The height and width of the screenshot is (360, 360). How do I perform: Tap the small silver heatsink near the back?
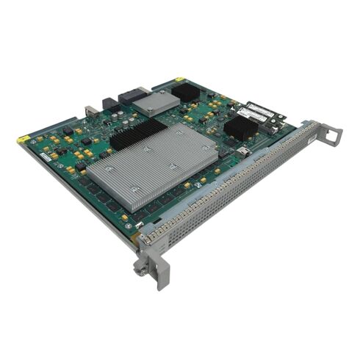(x=155, y=104)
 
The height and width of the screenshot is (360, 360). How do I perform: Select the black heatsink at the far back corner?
(x=186, y=92)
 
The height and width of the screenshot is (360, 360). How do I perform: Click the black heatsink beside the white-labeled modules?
(x=240, y=128)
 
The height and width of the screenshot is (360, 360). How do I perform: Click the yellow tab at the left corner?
(x=24, y=137)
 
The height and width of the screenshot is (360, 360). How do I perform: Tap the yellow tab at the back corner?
(x=179, y=79)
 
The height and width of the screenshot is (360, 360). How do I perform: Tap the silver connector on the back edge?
(x=91, y=110)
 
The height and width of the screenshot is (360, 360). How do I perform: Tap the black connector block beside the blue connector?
(x=110, y=104)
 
